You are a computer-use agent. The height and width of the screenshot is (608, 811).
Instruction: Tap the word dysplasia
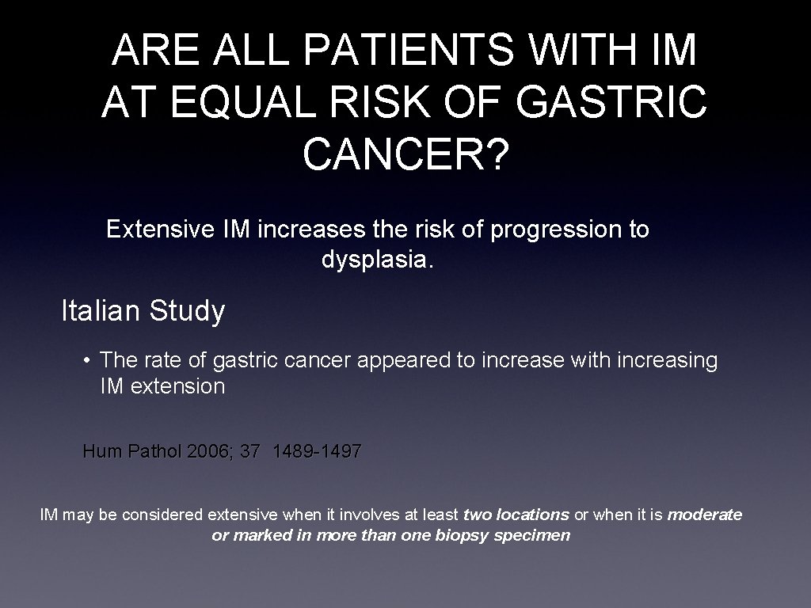click(378, 259)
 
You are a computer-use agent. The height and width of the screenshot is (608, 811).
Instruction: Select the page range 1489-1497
click(317, 452)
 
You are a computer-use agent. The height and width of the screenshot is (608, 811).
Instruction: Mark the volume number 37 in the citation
click(250, 452)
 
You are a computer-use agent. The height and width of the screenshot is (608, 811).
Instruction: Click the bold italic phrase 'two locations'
click(516, 515)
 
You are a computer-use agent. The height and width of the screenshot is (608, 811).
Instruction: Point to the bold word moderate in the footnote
click(705, 515)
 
